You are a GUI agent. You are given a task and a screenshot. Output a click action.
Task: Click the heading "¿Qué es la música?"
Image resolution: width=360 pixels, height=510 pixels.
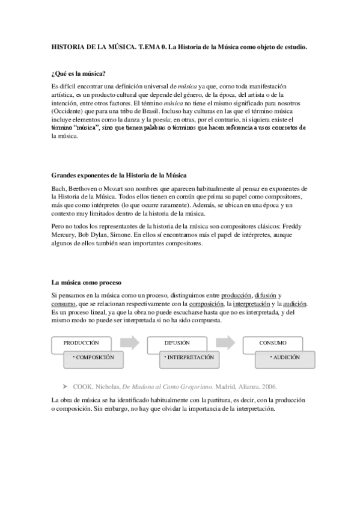click(x=79, y=74)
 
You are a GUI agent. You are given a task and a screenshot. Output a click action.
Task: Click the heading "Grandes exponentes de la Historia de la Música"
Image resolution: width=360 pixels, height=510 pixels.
click(x=119, y=176)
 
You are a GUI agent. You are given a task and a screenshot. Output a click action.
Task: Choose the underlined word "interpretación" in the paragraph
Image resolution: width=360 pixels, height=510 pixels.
click(x=254, y=304)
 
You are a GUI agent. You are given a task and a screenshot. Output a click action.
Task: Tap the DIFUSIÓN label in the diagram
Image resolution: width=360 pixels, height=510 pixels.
click(x=177, y=342)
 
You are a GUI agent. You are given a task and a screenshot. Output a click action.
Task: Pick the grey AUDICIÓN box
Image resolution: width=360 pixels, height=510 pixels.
click(x=286, y=357)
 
